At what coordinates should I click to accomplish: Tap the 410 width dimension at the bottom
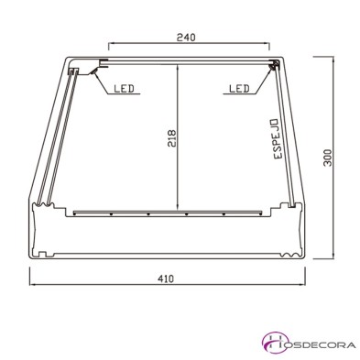point(166,277)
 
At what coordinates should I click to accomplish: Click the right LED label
point(236,89)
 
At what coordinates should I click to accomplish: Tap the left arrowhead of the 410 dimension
point(33,285)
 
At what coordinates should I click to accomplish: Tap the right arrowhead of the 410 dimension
point(302,285)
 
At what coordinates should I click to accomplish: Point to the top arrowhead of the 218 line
point(180,64)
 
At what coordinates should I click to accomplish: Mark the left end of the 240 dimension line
point(109,45)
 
